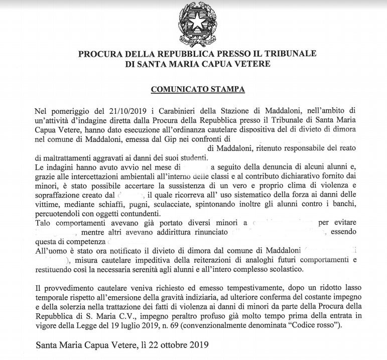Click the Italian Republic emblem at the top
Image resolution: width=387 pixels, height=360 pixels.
tap(196, 25)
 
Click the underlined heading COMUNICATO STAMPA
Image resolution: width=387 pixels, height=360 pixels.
tap(197, 89)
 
